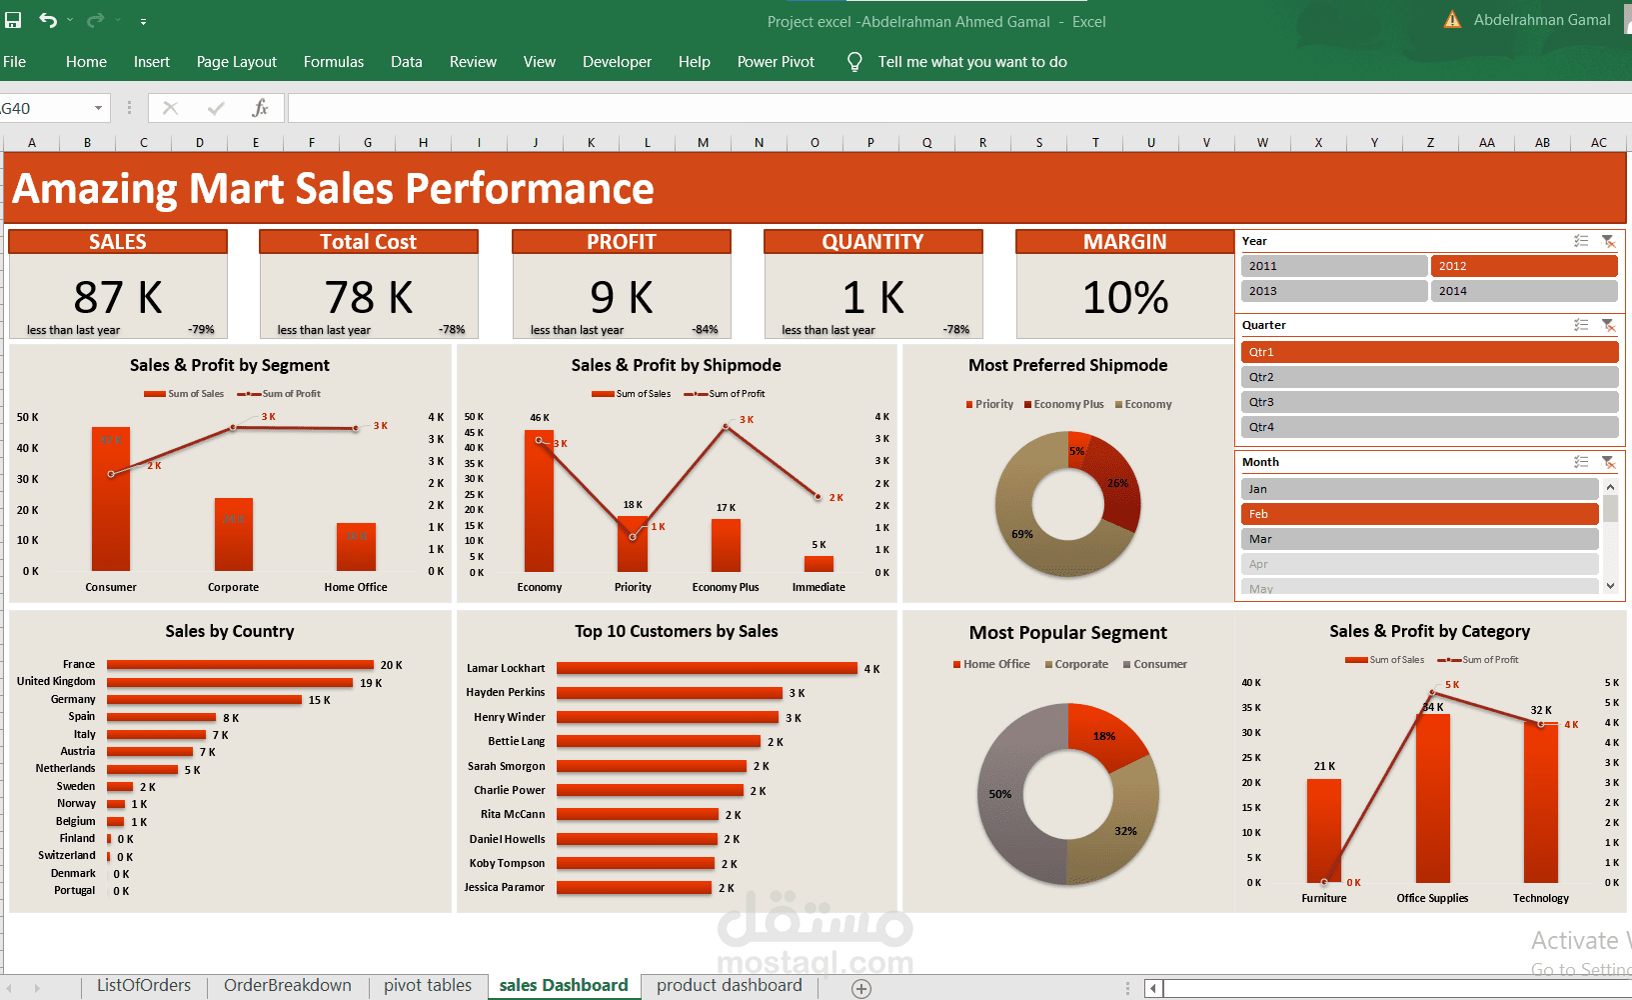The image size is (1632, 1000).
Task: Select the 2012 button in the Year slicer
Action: pos(1523,266)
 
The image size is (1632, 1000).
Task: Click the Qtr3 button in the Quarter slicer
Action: pos(1429,402)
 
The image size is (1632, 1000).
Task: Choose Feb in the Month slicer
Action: pos(1419,514)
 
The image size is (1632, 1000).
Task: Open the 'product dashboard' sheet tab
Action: pos(729,986)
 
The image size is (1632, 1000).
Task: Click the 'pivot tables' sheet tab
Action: pos(427,986)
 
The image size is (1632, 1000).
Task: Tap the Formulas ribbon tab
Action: pos(334,62)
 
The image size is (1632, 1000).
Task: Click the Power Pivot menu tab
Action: pos(776,62)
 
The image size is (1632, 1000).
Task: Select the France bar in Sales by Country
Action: pos(240,665)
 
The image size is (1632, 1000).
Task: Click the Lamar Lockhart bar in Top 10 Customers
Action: pos(707,668)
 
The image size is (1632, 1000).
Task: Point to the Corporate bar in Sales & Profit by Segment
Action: pos(234,535)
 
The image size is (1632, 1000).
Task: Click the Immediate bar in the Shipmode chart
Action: pos(818,563)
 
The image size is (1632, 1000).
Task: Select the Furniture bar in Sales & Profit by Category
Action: pos(1323,830)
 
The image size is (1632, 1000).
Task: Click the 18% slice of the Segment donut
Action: pos(1104,735)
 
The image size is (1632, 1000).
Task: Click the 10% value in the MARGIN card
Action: pos(1125,297)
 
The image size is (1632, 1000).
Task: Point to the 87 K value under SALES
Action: pos(118,297)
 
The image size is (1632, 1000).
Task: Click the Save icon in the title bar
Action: pos(13,20)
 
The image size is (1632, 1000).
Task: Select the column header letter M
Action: pos(703,143)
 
